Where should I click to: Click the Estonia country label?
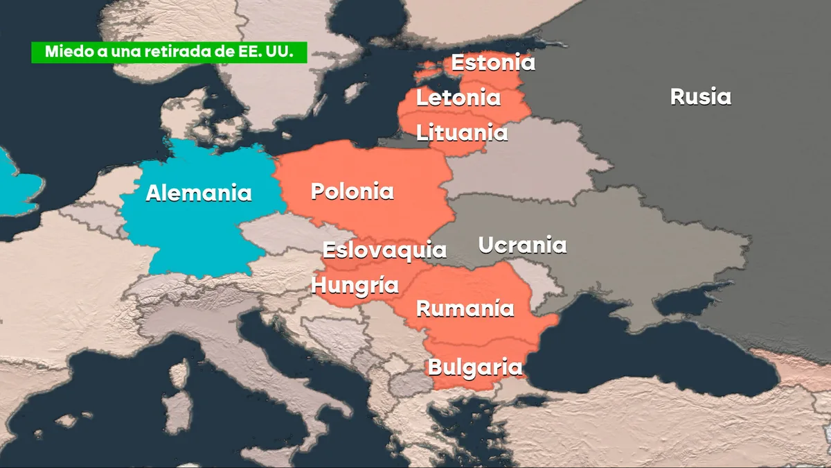493,62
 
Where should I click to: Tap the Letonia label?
458,98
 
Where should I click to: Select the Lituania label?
462,132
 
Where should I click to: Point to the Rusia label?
700,96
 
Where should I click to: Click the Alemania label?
198,193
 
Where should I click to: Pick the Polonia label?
352,191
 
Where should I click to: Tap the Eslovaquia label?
384,250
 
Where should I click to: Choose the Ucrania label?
522,245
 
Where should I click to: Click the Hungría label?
355,285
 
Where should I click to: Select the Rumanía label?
465,309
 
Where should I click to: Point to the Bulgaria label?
474,367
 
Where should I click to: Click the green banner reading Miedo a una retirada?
169,53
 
